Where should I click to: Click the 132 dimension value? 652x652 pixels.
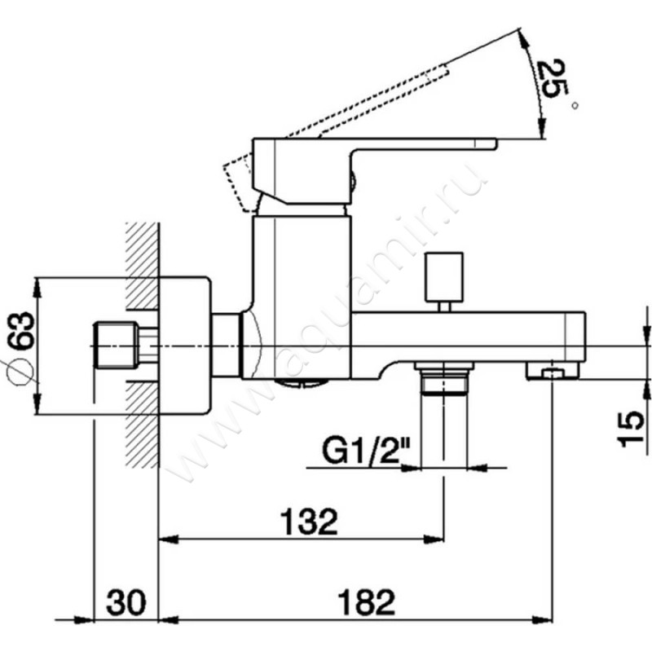[309, 522]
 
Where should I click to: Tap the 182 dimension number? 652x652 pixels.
[366, 602]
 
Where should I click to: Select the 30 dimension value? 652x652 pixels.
[126, 602]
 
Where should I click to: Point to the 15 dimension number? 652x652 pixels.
[631, 429]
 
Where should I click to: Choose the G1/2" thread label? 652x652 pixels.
[365, 452]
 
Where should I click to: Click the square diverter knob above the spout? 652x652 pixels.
[444, 277]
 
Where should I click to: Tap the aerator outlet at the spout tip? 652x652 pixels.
[553, 371]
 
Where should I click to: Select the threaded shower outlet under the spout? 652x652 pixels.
[444, 377]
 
